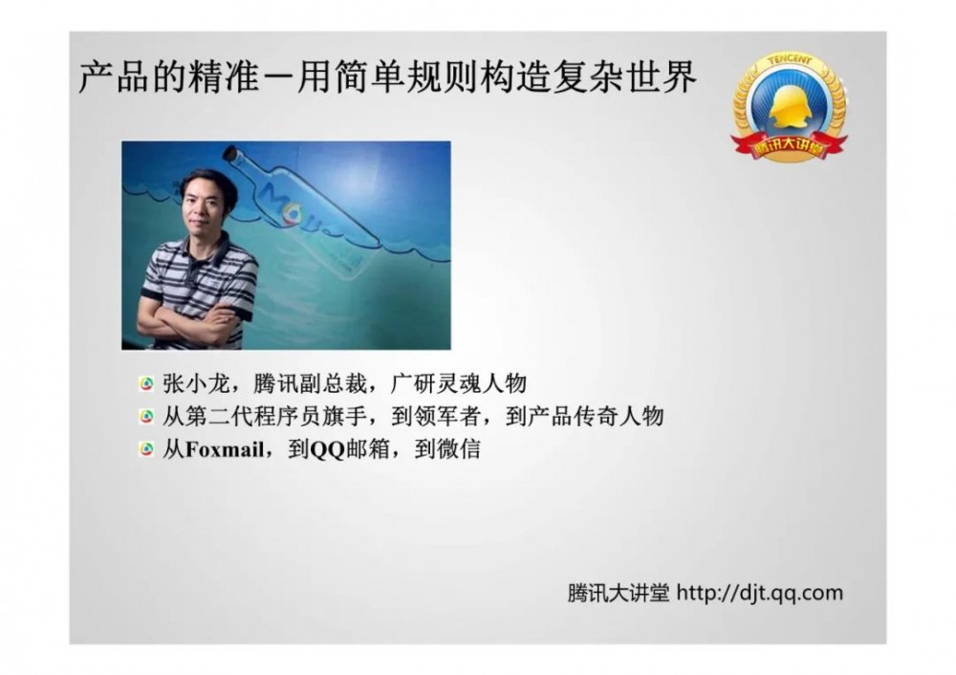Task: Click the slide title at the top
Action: pos(386,79)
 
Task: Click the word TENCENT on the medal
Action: pos(789,60)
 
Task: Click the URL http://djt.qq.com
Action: pos(760,593)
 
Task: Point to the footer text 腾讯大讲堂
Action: pos(618,593)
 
